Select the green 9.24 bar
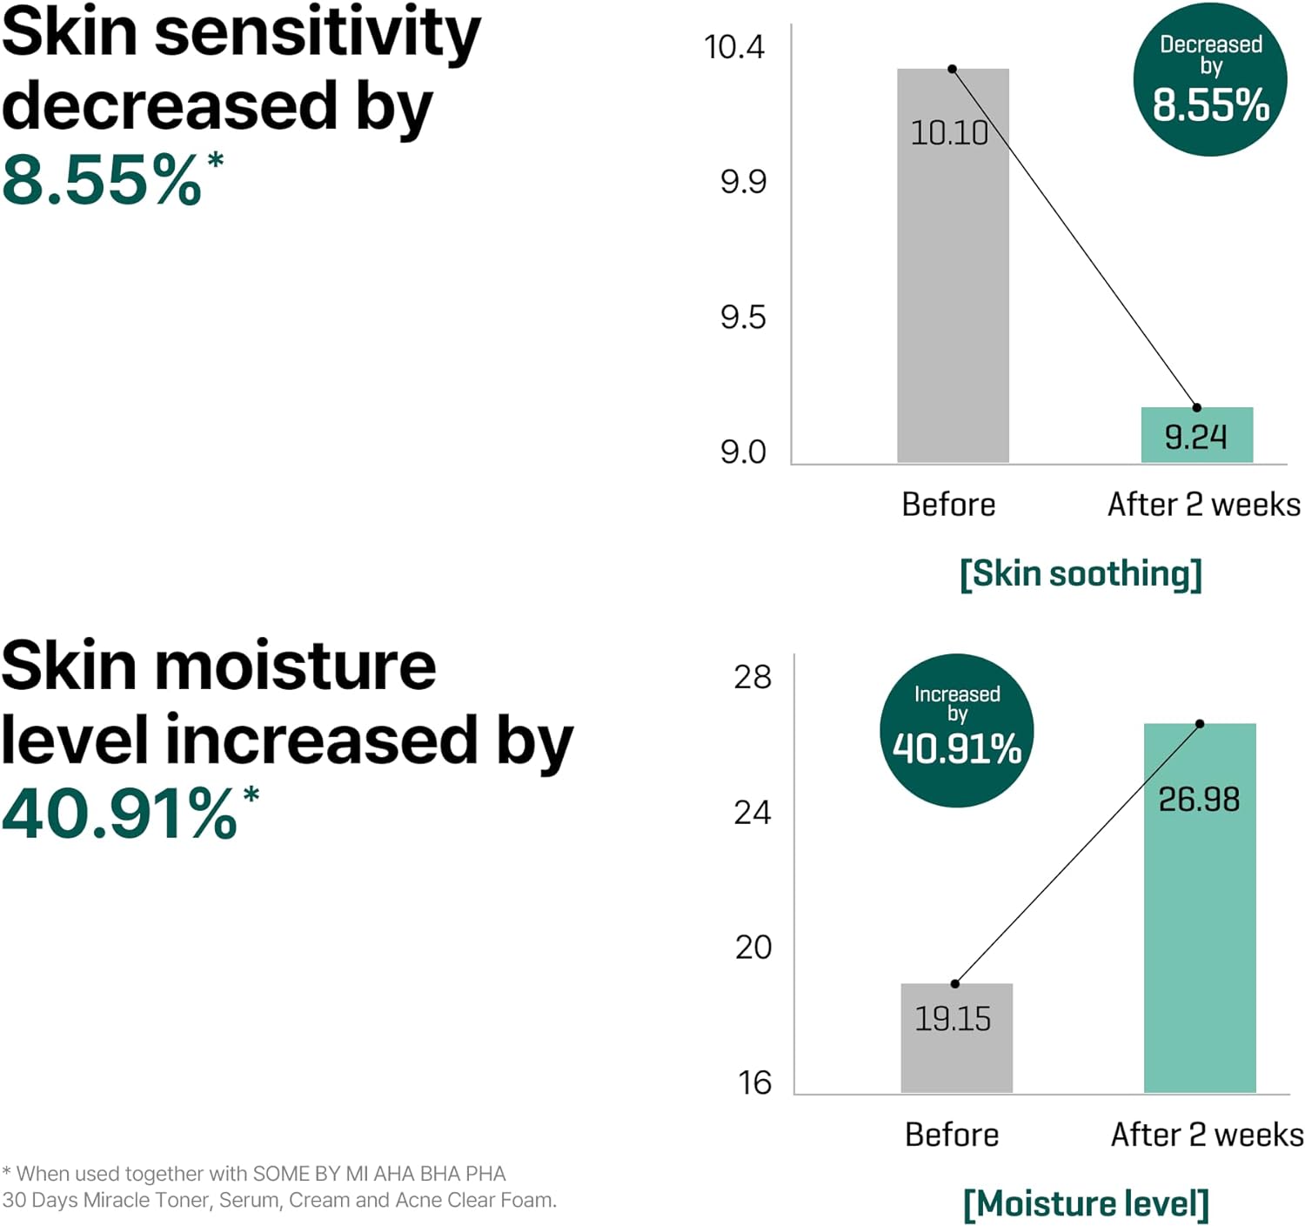(1196, 435)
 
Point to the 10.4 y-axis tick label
(733, 47)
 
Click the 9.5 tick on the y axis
(743, 318)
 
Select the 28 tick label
(752, 677)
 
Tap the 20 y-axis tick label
(753, 947)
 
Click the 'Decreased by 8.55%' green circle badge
(1209, 80)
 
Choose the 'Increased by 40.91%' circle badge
(956, 730)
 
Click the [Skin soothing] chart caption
(1081, 574)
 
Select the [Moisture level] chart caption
(1086, 1203)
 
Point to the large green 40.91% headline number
(120, 814)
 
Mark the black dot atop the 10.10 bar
(952, 69)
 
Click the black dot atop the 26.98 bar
(1200, 724)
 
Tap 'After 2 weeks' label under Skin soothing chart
(1203, 505)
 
